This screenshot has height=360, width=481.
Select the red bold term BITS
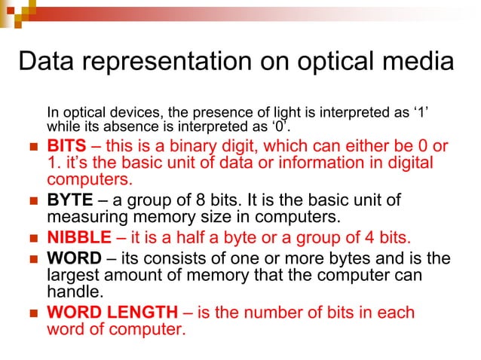[66, 145]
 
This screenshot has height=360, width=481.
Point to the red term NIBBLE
[78, 239]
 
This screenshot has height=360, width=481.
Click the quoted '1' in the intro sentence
[421, 113]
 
